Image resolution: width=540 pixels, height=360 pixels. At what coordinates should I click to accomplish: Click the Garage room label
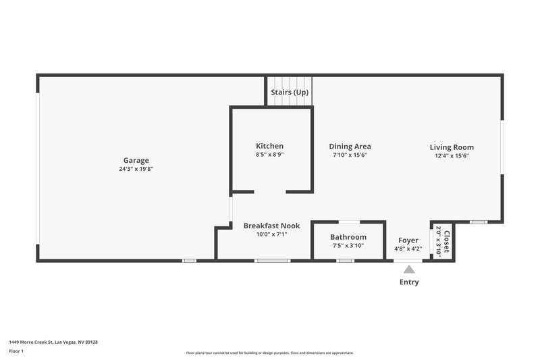coord(136,160)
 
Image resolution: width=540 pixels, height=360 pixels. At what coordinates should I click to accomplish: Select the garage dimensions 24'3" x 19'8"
coord(136,169)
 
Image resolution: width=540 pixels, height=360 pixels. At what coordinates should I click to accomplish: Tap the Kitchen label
coord(269,146)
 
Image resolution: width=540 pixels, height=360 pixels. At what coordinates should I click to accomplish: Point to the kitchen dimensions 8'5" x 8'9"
coord(269,155)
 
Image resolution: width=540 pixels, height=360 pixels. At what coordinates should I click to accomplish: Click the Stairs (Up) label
coord(290,92)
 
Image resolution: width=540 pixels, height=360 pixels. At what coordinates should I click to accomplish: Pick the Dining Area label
coord(350,147)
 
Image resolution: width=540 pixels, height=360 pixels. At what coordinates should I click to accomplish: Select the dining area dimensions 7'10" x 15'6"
coord(350,155)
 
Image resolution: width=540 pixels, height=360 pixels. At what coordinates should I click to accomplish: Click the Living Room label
coord(452,147)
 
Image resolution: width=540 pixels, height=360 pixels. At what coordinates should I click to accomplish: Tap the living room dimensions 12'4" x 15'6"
coord(452,156)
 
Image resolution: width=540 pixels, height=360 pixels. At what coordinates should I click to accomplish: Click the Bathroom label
coord(348,237)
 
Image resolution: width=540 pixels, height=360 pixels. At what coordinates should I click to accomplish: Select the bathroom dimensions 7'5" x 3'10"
coord(348,246)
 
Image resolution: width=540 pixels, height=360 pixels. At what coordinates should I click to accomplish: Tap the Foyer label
coord(408,240)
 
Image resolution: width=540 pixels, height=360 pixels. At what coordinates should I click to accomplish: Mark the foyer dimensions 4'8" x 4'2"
coord(408,249)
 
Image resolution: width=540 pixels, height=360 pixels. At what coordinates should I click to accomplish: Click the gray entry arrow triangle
coord(409,269)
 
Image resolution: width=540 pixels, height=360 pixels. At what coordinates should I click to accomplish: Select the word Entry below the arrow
coord(409,282)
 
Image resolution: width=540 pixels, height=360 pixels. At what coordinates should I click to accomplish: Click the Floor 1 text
coord(16,351)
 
